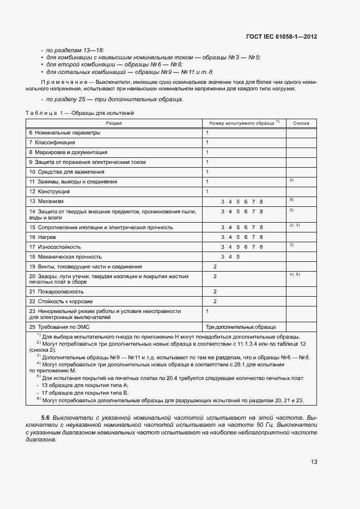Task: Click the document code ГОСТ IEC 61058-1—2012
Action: [282, 36]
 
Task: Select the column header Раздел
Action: [114, 124]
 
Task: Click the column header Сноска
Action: [301, 124]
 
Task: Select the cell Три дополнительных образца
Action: [240, 327]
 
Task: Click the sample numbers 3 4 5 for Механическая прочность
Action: [230, 256]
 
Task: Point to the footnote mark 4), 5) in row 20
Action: [295, 274]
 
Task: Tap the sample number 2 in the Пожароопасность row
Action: [215, 292]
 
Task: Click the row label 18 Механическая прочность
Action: [65, 256]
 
